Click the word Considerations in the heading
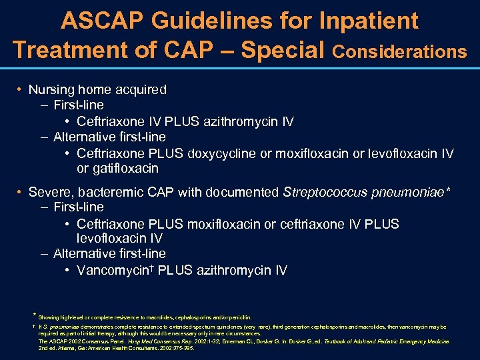pos(399,51)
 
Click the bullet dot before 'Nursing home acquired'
pos(21,89)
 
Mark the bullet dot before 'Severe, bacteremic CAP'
pos(21,193)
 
